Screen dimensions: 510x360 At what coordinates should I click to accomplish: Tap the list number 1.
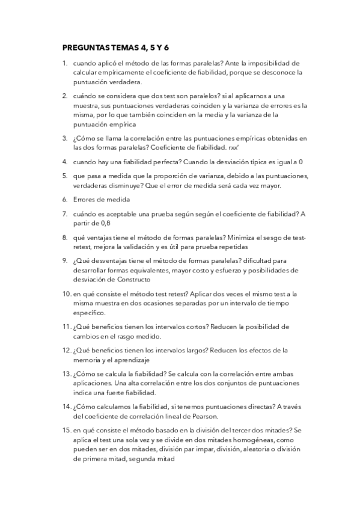click(64, 63)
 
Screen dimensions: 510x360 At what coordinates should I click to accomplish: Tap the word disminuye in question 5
click(127, 185)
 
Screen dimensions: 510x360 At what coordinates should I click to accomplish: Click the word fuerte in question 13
click(131, 392)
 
